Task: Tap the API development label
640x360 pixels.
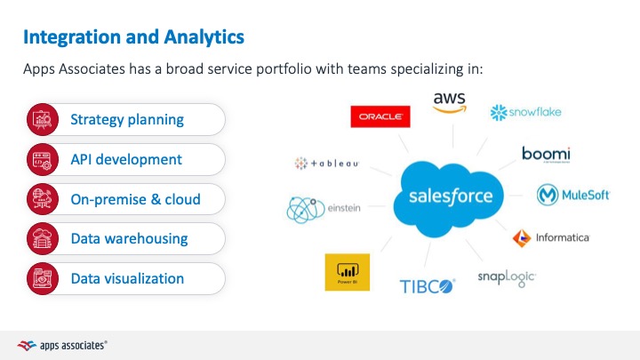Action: (126, 159)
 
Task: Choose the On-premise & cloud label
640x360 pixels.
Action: (135, 199)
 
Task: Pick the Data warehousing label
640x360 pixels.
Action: (129, 238)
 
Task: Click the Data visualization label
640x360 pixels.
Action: (127, 278)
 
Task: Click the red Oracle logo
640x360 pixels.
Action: (380, 116)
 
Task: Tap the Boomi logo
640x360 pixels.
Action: (546, 155)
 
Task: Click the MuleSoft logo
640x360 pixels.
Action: (573, 195)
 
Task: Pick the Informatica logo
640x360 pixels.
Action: (551, 237)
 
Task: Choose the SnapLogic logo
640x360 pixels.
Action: (507, 278)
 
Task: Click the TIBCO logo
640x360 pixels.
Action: (426, 286)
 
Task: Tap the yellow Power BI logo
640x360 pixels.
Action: (348, 271)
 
